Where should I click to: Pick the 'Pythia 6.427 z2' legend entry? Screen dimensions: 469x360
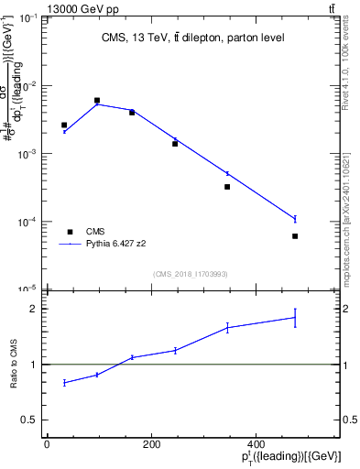click(115, 245)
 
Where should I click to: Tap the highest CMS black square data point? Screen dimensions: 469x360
click(97, 101)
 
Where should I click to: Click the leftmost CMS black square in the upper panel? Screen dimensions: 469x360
click(64, 125)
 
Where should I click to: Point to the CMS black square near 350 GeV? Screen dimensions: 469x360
click(227, 187)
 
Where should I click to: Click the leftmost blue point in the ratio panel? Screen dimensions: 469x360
click(64, 382)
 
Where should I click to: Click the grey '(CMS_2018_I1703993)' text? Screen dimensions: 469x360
click(191, 273)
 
